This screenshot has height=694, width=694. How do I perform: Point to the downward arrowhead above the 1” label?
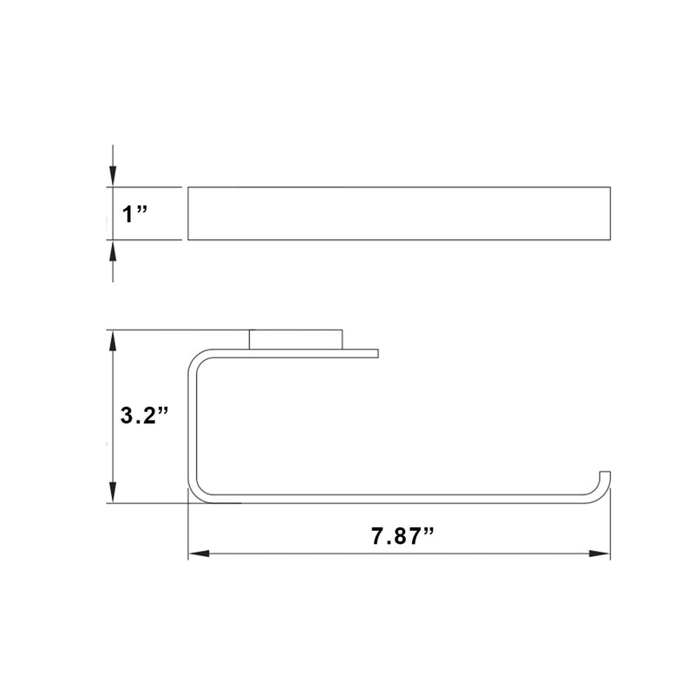[112, 177]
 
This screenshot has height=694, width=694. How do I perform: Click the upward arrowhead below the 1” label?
[112, 250]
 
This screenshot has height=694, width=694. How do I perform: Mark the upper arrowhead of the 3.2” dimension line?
[112, 340]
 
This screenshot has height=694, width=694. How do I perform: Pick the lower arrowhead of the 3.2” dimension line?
[112, 493]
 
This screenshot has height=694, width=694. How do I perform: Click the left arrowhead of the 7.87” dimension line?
[199, 553]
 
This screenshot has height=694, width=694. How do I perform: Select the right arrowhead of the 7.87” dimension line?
[600, 553]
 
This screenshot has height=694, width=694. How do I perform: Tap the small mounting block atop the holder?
[295, 338]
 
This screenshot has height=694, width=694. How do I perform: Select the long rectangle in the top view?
[400, 213]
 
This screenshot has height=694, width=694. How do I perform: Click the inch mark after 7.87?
[427, 531]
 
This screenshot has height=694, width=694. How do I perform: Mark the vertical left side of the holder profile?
[190, 425]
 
